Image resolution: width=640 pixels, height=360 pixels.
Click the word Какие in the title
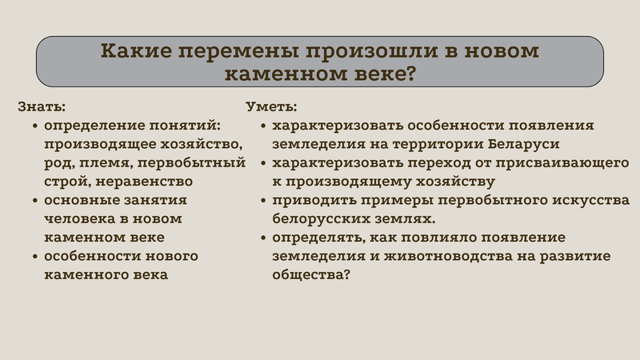click(136, 51)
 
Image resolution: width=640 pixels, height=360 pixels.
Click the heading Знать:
click(42, 106)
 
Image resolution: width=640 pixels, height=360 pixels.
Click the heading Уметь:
click(271, 106)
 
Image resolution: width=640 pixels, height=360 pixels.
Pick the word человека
click(79, 218)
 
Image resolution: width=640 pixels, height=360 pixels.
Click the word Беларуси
click(524, 144)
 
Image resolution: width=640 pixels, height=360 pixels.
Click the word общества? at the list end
click(311, 275)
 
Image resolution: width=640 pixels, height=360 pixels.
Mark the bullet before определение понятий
click(35, 126)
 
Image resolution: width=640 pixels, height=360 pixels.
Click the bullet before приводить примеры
click(263, 201)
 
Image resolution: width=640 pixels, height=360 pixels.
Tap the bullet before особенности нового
click(35, 257)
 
